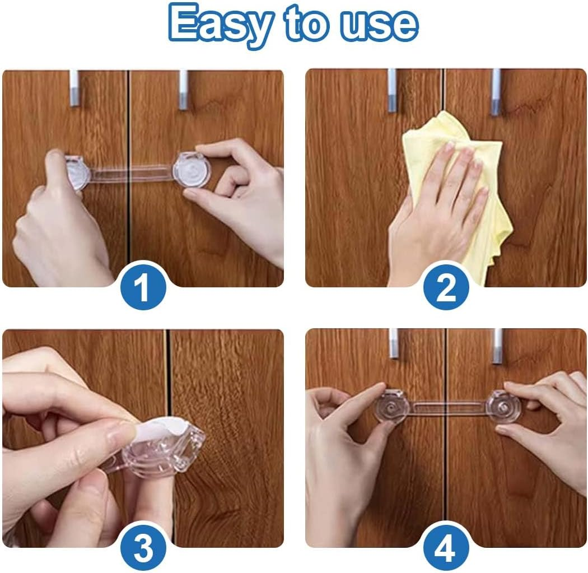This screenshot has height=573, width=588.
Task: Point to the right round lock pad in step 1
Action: pyautogui.click(x=191, y=170)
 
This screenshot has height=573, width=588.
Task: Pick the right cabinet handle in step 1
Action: pyautogui.click(x=183, y=90)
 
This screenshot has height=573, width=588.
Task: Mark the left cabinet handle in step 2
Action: pyautogui.click(x=392, y=90)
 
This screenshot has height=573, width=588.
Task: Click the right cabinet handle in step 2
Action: pyautogui.click(x=495, y=91)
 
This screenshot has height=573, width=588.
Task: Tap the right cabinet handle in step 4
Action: pyautogui.click(x=497, y=346)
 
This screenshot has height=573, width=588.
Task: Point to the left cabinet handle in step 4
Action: pyautogui.click(x=394, y=343)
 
